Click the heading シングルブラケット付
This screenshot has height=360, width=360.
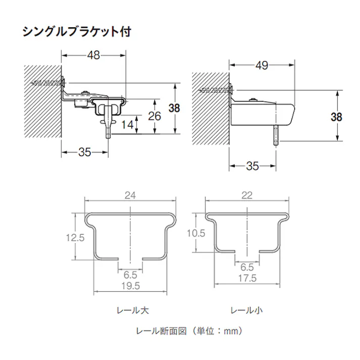pyautogui.click(x=77, y=32)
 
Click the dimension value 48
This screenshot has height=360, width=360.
pyautogui.click(x=92, y=56)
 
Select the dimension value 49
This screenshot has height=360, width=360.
pyautogui.click(x=262, y=66)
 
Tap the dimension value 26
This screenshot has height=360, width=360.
pyautogui.click(x=155, y=116)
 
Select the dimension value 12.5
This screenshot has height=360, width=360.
pyautogui.click(x=74, y=237)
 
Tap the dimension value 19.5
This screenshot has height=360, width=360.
pyautogui.click(x=130, y=286)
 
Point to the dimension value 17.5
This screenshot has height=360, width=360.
pyautogui.click(x=247, y=278)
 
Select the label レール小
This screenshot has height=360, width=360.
pyautogui.click(x=246, y=310)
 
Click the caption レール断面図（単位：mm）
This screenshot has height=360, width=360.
pyautogui.click(x=190, y=331)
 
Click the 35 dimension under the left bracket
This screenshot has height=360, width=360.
pyautogui.click(x=85, y=152)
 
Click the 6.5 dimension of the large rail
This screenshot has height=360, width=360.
pyautogui.click(x=130, y=275)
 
